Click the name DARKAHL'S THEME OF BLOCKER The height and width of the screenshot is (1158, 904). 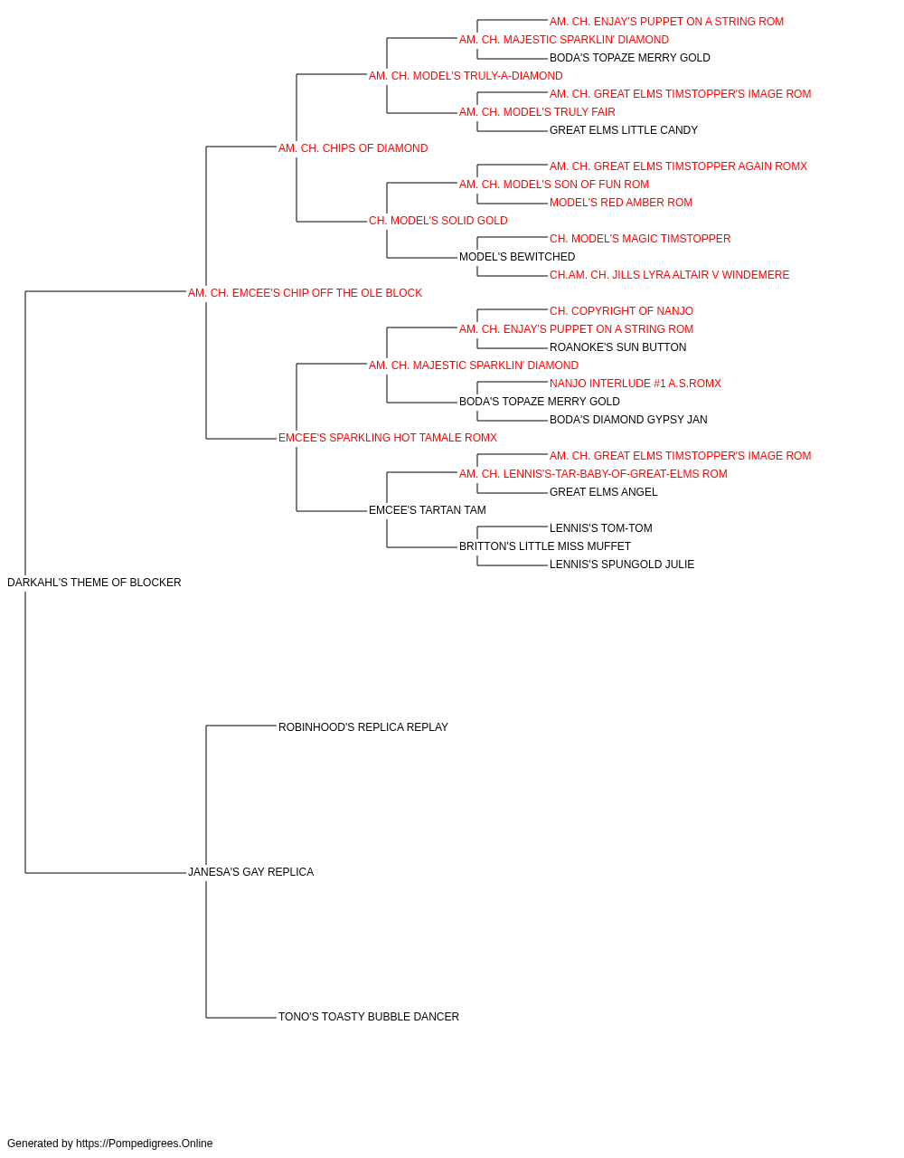pyautogui.click(x=94, y=583)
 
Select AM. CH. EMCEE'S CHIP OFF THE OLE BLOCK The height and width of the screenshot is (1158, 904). pyautogui.click(x=305, y=293)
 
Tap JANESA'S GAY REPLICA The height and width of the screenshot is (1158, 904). pyautogui.click(x=250, y=872)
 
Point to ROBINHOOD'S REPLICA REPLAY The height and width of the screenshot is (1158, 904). pyautogui.click(x=363, y=727)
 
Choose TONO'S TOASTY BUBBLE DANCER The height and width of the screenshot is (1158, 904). pyautogui.click(x=369, y=1017)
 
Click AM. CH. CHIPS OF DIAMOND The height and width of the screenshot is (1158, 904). pyautogui.click(x=353, y=148)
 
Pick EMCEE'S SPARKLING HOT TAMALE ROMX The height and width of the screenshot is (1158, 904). pyautogui.click(x=388, y=438)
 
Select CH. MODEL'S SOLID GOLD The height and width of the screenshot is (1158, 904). pyautogui.click(x=438, y=221)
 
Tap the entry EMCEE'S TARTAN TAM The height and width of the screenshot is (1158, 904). pyautogui.click(x=428, y=510)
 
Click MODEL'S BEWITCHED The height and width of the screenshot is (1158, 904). pyautogui.click(x=517, y=257)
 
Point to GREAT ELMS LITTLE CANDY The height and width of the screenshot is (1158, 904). pyautogui.click(x=624, y=130)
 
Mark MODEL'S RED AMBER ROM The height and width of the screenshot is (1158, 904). pyautogui.click(x=621, y=203)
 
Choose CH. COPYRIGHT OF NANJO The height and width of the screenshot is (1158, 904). pyautogui.click(x=621, y=311)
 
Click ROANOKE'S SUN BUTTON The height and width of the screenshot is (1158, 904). pyautogui.click(x=617, y=347)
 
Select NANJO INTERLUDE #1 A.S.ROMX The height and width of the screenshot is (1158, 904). pyautogui.click(x=636, y=384)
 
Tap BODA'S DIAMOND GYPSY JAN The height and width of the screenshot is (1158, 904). pyautogui.click(x=628, y=420)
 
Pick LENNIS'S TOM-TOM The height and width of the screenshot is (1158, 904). pyautogui.click(x=600, y=528)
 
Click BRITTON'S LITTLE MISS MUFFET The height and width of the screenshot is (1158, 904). pyautogui.click(x=544, y=546)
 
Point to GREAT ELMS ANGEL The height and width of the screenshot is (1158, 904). pyautogui.click(x=603, y=492)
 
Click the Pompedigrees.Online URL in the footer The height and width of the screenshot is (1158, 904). pyautogui.click(x=145, y=1144)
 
